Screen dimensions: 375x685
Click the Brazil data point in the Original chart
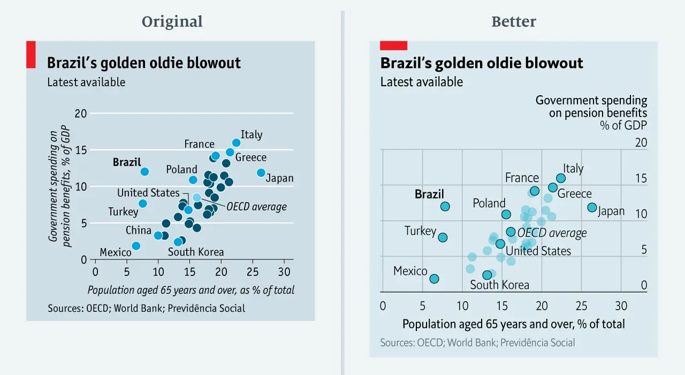point(144,172)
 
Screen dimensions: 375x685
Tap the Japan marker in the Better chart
point(592,207)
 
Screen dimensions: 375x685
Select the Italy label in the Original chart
point(252,134)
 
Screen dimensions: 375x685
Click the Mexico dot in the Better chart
point(434,279)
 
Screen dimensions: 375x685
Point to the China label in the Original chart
point(139,231)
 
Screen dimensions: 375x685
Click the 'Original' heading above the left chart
point(172,22)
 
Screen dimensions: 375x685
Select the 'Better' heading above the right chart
point(514,22)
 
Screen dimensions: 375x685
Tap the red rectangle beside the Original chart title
point(31,54)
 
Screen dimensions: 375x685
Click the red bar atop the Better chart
point(393,45)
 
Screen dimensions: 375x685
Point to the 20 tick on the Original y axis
point(81,113)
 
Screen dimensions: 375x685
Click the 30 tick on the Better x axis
point(621,306)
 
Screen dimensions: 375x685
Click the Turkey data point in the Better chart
point(443,238)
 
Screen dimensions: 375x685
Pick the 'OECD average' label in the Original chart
point(256,207)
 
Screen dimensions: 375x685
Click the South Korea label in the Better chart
point(499,285)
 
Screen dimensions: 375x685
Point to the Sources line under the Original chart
point(146,308)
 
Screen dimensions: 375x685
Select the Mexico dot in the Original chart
point(136,246)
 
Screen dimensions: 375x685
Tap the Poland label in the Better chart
point(489,203)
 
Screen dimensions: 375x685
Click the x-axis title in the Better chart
point(513,324)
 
